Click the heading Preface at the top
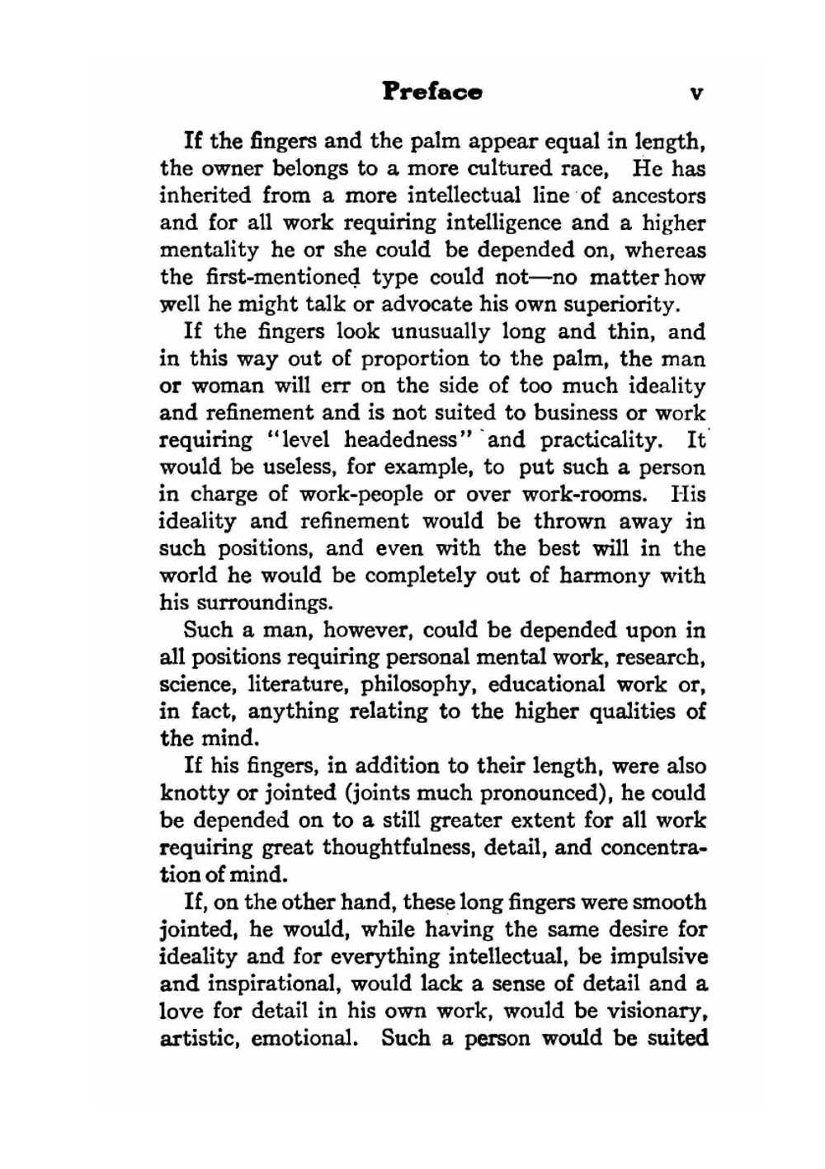point(432,92)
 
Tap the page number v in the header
point(695,93)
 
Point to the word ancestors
point(658,196)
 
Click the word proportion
point(419,359)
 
